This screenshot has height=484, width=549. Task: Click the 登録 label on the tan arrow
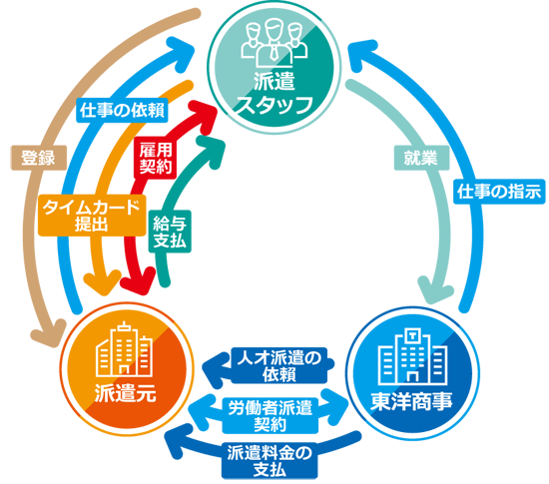[x=39, y=158]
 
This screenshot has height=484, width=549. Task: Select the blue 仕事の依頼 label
[x=122, y=111]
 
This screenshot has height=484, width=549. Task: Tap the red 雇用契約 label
[x=156, y=159]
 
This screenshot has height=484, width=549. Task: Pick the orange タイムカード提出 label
[x=92, y=216]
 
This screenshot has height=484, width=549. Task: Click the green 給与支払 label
[x=170, y=232]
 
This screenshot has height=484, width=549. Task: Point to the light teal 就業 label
[x=421, y=158]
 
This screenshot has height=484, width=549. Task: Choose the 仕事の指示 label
[x=499, y=192]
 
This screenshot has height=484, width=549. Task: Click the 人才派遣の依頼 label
[x=279, y=365]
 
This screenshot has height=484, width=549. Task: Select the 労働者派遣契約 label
[x=271, y=416]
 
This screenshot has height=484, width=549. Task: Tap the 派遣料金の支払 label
[x=270, y=461]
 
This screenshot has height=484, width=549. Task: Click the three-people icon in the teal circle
[x=274, y=42]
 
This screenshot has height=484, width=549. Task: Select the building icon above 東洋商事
[x=413, y=356]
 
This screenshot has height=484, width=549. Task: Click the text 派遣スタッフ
[x=274, y=94]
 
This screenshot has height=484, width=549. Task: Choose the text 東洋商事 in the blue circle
[x=411, y=402]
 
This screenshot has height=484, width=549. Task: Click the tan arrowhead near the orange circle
[x=48, y=332]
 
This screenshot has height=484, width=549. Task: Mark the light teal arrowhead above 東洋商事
[x=434, y=289]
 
